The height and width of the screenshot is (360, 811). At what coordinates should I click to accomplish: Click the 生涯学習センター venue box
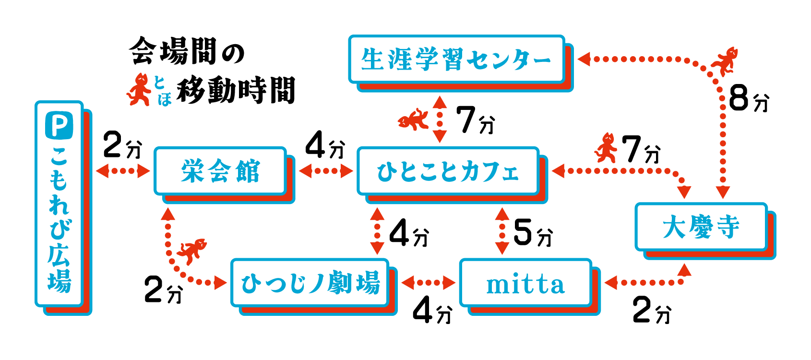tap(456, 59)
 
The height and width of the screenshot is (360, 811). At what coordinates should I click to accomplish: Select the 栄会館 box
tap(220, 171)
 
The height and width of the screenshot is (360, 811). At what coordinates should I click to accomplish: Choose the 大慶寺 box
tap(701, 227)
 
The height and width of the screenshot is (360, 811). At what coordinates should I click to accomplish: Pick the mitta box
tap(525, 283)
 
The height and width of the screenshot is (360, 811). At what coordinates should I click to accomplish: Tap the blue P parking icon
tap(59, 125)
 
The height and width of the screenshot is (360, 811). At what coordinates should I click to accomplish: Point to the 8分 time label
tap(748, 99)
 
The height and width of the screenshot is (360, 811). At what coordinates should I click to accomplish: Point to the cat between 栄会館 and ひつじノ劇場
tap(192, 251)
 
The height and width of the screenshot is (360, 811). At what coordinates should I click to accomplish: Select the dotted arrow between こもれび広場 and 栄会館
tap(123, 171)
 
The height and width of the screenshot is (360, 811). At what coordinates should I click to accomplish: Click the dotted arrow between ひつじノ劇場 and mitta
tap(428, 283)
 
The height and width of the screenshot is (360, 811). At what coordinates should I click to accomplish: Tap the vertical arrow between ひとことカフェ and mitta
tap(502, 231)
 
